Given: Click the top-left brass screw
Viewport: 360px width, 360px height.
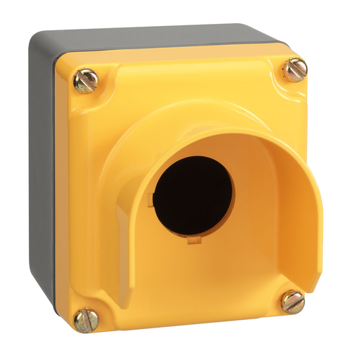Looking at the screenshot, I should [86, 81].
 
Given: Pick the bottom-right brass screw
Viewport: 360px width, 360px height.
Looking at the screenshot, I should [292, 300].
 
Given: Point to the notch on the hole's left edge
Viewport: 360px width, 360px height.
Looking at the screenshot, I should [151, 200].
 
